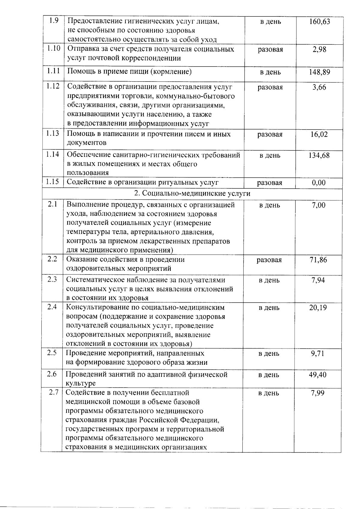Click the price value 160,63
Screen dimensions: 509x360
click(319, 22)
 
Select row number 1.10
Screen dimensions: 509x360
click(53, 48)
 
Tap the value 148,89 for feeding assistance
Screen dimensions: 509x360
click(319, 72)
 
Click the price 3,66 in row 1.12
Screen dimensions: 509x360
click(319, 87)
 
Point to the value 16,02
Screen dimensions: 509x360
click(319, 134)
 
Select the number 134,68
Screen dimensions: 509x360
click(319, 155)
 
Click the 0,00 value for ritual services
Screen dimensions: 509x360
click(319, 183)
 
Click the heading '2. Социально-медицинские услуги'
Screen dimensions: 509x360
click(192, 194)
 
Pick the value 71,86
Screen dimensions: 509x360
click(318, 260)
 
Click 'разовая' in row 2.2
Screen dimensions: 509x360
click(269, 260)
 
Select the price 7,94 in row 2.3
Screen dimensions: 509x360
click(318, 280)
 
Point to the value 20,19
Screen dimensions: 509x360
click(318, 308)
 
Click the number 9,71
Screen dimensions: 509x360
click(318, 353)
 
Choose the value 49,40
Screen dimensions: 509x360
click(318, 375)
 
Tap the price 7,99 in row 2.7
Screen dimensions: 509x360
click(318, 393)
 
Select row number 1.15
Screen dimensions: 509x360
click(53, 181)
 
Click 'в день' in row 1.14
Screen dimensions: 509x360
click(270, 155)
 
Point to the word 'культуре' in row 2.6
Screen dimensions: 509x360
click(81, 383)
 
